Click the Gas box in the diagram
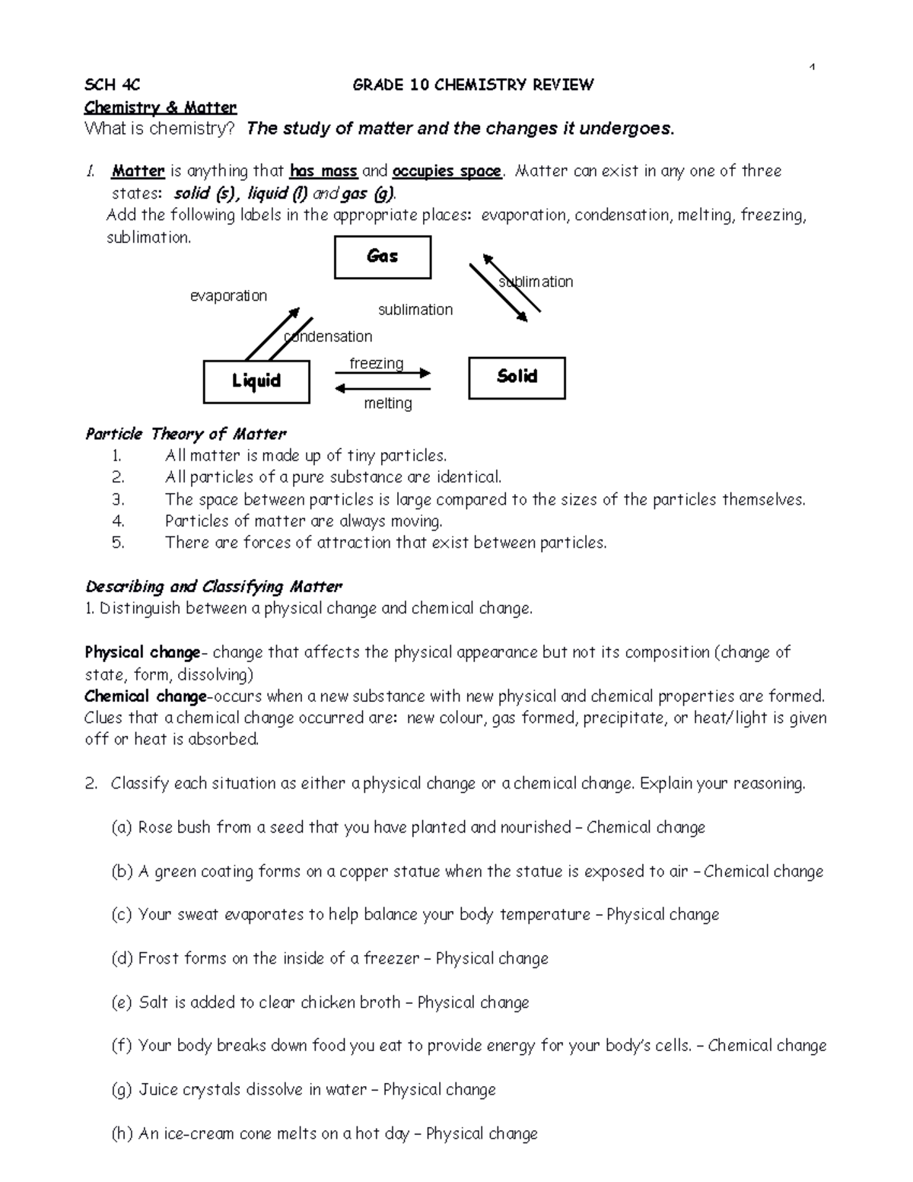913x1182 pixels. [383, 257]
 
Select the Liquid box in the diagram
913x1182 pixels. [256, 381]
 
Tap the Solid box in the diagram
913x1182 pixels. [517, 378]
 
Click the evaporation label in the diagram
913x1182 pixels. [228, 295]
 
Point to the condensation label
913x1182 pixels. [328, 336]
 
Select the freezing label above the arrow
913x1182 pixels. [376, 363]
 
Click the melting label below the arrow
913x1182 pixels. [388, 403]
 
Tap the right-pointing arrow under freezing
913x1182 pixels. [383, 374]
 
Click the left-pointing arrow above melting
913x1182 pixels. [383, 389]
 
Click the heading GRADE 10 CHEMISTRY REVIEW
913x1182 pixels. [472, 84]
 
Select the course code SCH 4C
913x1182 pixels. [112, 84]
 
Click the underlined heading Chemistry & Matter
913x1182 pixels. [161, 107]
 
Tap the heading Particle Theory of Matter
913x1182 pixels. [186, 434]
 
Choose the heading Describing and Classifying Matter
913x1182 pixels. [214, 587]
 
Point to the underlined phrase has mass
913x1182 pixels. [323, 171]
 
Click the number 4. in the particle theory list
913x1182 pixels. [117, 521]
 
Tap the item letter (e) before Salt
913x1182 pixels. [122, 1002]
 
